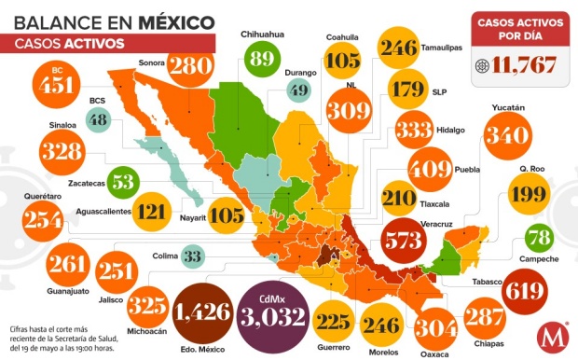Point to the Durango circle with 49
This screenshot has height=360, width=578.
pos(297,90)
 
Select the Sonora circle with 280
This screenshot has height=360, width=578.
pos(191,65)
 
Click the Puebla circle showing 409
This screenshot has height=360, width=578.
pos(434,170)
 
